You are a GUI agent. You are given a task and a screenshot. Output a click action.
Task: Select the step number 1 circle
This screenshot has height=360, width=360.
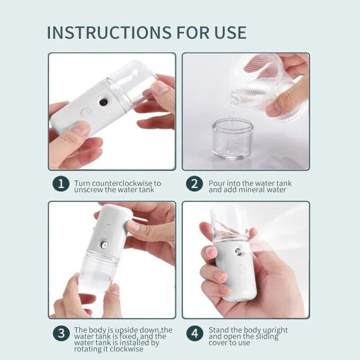coord(60,184)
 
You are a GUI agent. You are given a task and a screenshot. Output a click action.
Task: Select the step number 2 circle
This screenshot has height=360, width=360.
coord(194,184)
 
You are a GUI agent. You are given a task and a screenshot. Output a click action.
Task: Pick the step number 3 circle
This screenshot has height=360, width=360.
coord(60,333)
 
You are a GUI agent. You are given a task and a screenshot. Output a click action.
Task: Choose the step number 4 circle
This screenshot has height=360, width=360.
coord(194,333)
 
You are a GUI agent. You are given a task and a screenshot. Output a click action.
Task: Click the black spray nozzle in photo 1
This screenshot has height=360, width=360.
coord(103,102)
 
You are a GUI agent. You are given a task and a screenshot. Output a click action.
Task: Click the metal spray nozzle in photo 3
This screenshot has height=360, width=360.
coord(103,245)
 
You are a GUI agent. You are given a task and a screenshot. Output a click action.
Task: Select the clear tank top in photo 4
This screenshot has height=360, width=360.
coord(229,223)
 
